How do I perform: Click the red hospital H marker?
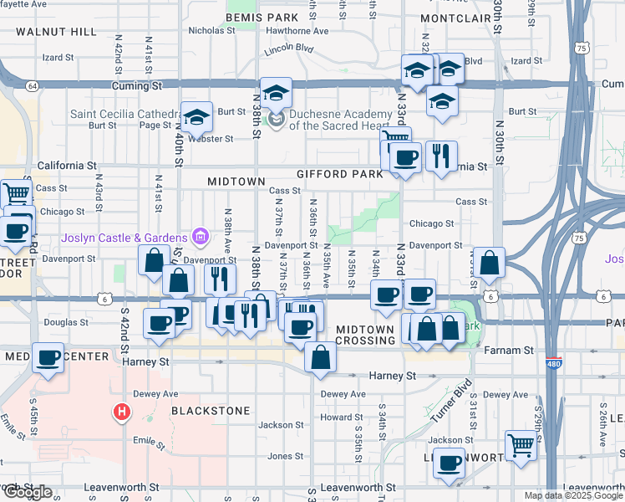point(122,412)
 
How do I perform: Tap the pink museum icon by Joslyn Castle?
point(200,238)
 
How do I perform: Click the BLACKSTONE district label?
point(211,411)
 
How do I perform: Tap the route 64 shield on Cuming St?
point(32,86)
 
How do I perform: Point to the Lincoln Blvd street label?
point(288,49)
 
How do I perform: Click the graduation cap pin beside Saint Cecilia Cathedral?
point(197,118)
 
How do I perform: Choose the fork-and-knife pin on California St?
point(440,155)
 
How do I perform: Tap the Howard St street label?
point(341,417)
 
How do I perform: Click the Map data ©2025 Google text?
point(573,495)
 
